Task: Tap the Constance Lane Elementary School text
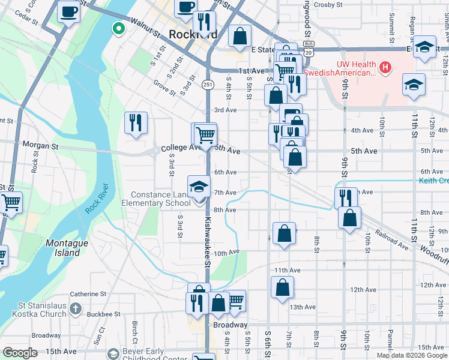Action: [161, 199]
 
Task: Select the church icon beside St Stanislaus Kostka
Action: [75, 308]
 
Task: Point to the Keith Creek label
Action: [433, 181]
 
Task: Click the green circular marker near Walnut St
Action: [119, 28]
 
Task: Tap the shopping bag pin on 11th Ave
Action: [282, 287]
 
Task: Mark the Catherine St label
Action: [88, 294]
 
